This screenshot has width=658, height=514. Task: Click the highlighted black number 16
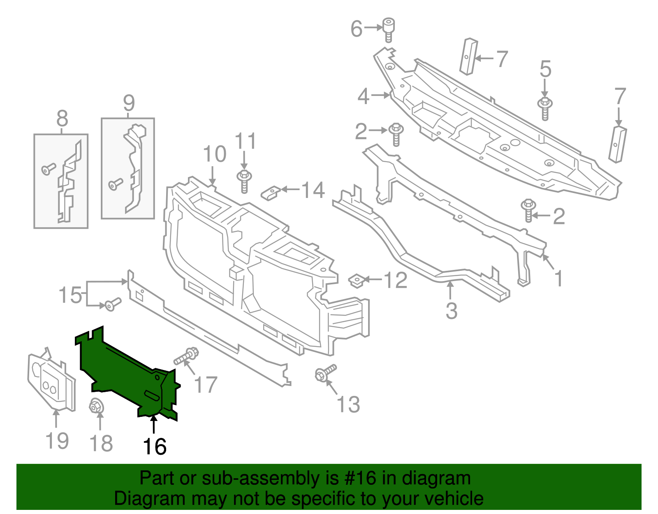click(x=155, y=447)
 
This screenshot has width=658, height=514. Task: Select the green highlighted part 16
click(x=123, y=370)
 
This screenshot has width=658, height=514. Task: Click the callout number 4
click(x=363, y=96)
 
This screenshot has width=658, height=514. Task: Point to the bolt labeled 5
click(x=545, y=108)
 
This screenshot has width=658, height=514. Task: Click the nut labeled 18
click(x=96, y=407)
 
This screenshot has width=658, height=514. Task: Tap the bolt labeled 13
click(x=325, y=372)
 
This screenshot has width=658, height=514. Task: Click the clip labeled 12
click(x=357, y=281)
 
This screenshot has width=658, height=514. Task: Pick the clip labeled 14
click(x=271, y=192)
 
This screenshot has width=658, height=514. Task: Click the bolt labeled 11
click(x=244, y=181)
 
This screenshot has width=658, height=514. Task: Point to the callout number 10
click(x=215, y=154)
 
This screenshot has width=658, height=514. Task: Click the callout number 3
click(x=451, y=311)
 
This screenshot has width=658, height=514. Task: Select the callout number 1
click(x=558, y=279)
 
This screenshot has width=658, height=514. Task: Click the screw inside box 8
click(x=49, y=169)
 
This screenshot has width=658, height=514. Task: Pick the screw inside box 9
click(x=115, y=184)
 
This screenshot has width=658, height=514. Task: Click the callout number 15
click(x=70, y=295)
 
